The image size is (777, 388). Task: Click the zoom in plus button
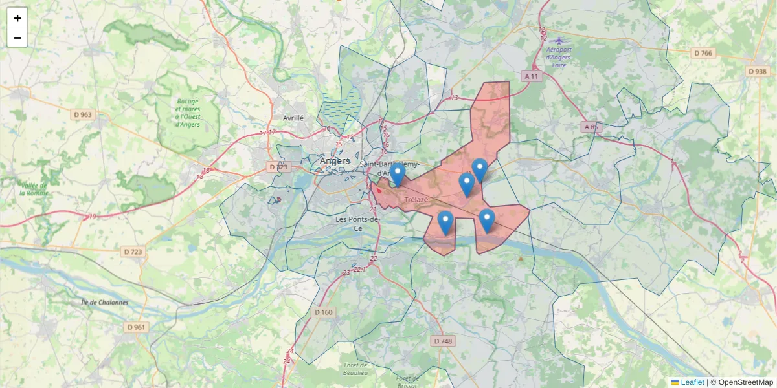pos(17,17)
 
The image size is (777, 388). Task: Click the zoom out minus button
pos(17,37)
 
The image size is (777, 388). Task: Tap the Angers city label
pos(335,161)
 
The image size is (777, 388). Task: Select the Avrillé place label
pos(293,118)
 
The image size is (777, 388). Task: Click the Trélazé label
pos(416,200)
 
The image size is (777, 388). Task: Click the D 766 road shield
pos(703,53)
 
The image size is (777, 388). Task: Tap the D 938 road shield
pos(757,71)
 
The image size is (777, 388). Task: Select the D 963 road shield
pos(83,114)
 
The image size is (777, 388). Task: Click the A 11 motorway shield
pos(532,76)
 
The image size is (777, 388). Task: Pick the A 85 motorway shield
pos(591,127)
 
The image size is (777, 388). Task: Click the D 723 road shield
pos(133,251)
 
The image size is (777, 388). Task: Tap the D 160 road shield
pos(324,312)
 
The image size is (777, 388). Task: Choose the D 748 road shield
pos(443,341)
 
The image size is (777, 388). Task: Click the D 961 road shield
pos(137,327)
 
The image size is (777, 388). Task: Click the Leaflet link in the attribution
pos(692,382)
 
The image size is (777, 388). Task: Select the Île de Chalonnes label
pos(105,302)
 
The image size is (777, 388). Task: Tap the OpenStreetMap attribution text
pos(745,382)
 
